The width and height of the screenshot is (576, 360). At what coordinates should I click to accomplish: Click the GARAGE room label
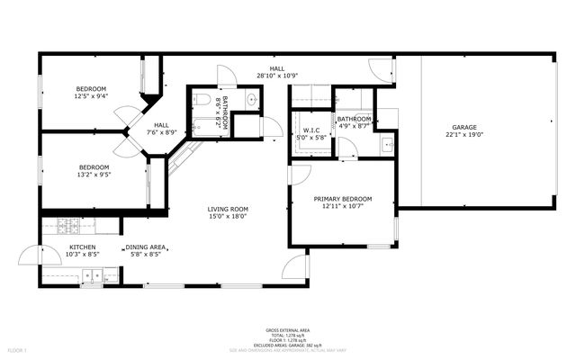click(x=464, y=127)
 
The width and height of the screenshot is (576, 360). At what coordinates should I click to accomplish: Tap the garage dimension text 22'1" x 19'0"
click(x=464, y=135)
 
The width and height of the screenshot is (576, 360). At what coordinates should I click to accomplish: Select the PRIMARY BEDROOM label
click(x=342, y=199)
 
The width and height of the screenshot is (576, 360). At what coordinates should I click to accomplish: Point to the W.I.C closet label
click(x=311, y=130)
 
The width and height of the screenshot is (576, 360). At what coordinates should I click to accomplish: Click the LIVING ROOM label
click(x=228, y=209)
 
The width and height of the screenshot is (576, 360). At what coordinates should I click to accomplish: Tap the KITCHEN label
click(x=83, y=247)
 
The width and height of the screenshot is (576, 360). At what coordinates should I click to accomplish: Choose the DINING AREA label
click(x=144, y=247)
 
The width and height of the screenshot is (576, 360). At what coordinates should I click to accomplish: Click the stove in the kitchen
click(x=68, y=226)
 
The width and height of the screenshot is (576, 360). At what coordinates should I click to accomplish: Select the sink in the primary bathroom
click(x=386, y=143)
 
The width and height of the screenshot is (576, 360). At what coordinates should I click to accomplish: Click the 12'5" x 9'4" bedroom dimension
click(x=91, y=95)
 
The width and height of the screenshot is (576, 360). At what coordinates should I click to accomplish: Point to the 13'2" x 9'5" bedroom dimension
click(x=94, y=175)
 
